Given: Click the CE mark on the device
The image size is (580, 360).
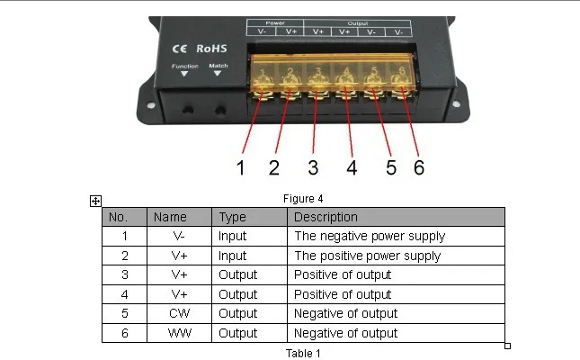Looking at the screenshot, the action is (x=180, y=49).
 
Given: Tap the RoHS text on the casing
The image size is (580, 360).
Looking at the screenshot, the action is (x=211, y=49).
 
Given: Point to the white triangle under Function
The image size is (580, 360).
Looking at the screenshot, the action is (x=184, y=74).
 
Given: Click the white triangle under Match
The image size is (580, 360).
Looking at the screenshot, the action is (x=218, y=73).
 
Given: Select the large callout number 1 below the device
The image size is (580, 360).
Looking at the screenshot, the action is (x=241, y=167).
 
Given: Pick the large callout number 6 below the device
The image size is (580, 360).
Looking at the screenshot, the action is (x=419, y=167).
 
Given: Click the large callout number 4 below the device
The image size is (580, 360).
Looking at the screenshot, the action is (x=352, y=167).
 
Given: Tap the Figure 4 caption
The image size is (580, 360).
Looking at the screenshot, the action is (x=303, y=199).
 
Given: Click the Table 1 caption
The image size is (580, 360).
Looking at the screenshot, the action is (x=303, y=354).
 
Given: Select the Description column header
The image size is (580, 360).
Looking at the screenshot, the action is (x=326, y=217).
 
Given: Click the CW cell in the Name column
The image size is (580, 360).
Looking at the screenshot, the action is (x=180, y=313).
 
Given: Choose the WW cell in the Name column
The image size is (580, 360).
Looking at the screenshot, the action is (x=180, y=333).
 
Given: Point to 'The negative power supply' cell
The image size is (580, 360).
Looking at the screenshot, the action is (x=370, y=237).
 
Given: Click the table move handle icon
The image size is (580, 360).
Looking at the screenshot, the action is (x=95, y=201).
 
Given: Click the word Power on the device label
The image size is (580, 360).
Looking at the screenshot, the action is (x=275, y=23).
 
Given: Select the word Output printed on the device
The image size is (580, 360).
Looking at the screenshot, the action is (x=357, y=23).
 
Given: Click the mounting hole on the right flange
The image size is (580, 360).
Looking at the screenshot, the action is (x=457, y=104).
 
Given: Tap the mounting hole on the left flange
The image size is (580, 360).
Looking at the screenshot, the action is (x=151, y=105).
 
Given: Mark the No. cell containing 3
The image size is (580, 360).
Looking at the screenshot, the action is (x=125, y=274).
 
